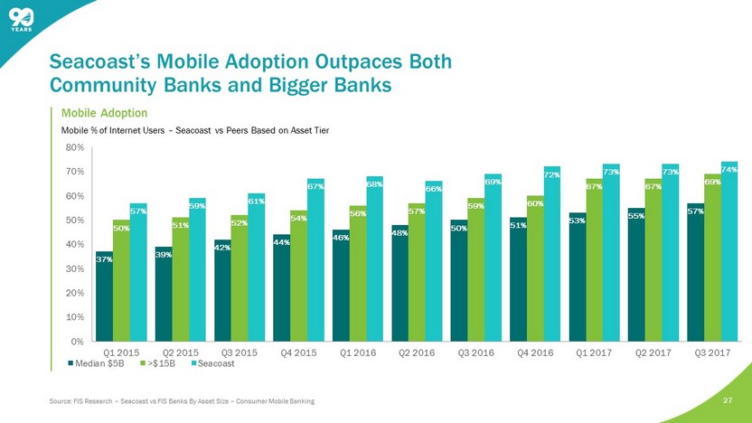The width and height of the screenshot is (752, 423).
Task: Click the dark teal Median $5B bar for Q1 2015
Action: pos(104,296)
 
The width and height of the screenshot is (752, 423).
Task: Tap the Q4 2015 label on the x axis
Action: pos(298,351)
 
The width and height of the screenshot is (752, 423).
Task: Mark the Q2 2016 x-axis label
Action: pos(417,351)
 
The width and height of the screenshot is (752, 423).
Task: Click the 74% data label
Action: pos(729,167)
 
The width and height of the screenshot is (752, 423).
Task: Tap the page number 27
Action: pos(728,399)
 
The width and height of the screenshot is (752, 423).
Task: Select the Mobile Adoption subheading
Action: pos(104,113)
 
